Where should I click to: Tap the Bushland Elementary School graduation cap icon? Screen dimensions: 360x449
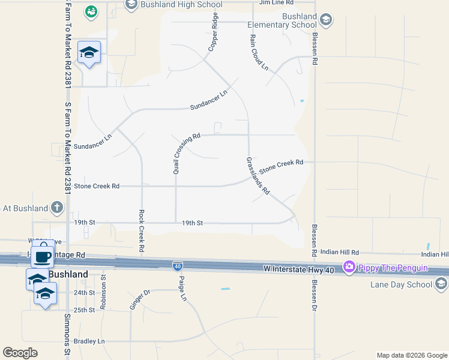(325, 20)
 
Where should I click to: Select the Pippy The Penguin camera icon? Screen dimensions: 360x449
(348, 267)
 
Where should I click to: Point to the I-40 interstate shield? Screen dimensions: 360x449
(178, 265)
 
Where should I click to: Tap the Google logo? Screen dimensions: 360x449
(20, 353)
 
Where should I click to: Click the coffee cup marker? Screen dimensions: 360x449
(42, 256)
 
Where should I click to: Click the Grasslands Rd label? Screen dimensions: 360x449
(257, 175)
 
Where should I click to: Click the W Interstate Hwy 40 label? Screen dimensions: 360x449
(299, 270)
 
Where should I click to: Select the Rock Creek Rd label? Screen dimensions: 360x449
(142, 230)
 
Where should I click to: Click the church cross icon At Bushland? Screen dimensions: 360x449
(57, 208)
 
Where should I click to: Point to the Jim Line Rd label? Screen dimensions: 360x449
(276, 2)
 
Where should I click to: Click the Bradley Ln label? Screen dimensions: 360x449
(89, 341)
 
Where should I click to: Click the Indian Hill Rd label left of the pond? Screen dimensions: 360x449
(339, 253)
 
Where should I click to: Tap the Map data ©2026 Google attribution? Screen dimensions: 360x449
(411, 355)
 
